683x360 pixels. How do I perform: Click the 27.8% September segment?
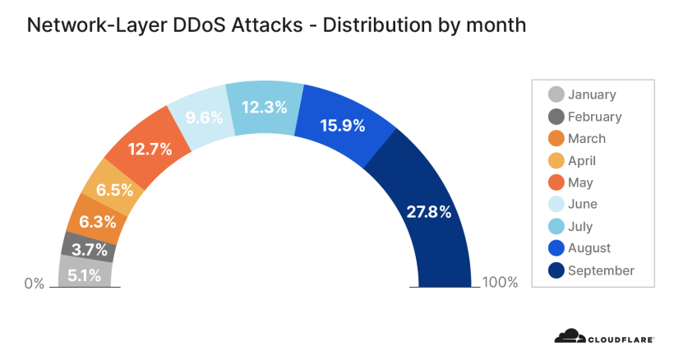pos(427,211)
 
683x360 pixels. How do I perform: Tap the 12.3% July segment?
pos(265,107)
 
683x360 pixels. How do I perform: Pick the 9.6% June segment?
pos(203,118)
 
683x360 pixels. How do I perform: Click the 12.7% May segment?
pos(149,150)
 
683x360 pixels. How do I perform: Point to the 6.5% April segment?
pos(115,190)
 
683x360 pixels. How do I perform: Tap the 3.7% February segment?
pos(88,247)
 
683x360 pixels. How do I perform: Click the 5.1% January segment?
pos(85,274)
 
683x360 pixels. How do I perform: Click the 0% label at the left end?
pos(34,284)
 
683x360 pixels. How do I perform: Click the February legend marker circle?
pos(556,117)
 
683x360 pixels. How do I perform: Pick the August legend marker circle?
pos(556,248)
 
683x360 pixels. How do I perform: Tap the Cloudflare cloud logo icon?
pos(568,336)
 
